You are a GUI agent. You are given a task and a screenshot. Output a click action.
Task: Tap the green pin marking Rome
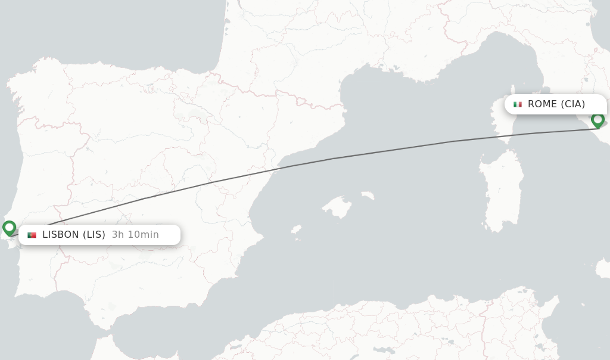[x=597, y=120]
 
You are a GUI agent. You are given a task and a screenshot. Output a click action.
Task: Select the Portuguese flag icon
[x=32, y=235]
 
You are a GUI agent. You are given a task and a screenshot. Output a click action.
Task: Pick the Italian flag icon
[x=517, y=104]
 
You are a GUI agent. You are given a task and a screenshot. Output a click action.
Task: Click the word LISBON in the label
[x=60, y=235]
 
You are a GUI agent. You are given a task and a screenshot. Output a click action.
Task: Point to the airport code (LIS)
[x=94, y=235]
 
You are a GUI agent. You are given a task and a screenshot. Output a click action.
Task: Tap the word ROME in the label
[x=542, y=104]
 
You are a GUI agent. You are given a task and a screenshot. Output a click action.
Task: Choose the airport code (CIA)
[x=573, y=104]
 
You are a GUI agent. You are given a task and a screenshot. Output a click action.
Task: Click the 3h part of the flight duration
[x=118, y=235]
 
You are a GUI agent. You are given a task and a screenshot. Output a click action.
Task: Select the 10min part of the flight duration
[x=143, y=235]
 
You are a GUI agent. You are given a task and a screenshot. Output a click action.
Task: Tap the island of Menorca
[x=367, y=195]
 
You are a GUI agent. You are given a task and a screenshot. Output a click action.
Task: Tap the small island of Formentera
[x=297, y=239]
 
